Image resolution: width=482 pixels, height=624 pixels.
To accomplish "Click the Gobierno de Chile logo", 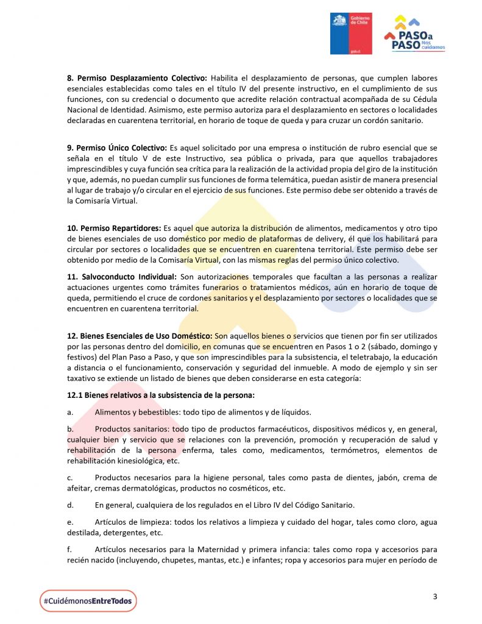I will [x=351, y=34].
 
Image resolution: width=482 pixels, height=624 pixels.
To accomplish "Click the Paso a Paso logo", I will [x=415, y=34].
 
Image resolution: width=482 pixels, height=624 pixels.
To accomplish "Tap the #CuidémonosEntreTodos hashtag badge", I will [x=88, y=601].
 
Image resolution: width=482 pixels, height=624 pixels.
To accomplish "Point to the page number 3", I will [x=435, y=597].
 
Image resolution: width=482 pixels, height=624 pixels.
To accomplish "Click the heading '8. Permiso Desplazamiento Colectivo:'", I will [x=137, y=78].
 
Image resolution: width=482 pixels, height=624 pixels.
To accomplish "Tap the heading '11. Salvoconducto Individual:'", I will [x=122, y=277].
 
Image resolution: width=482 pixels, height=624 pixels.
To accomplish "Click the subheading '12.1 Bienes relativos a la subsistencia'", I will [x=161, y=395].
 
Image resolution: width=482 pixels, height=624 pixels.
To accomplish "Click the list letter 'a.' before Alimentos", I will [x=70, y=411].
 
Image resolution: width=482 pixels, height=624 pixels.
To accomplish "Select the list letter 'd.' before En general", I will [x=71, y=505].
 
